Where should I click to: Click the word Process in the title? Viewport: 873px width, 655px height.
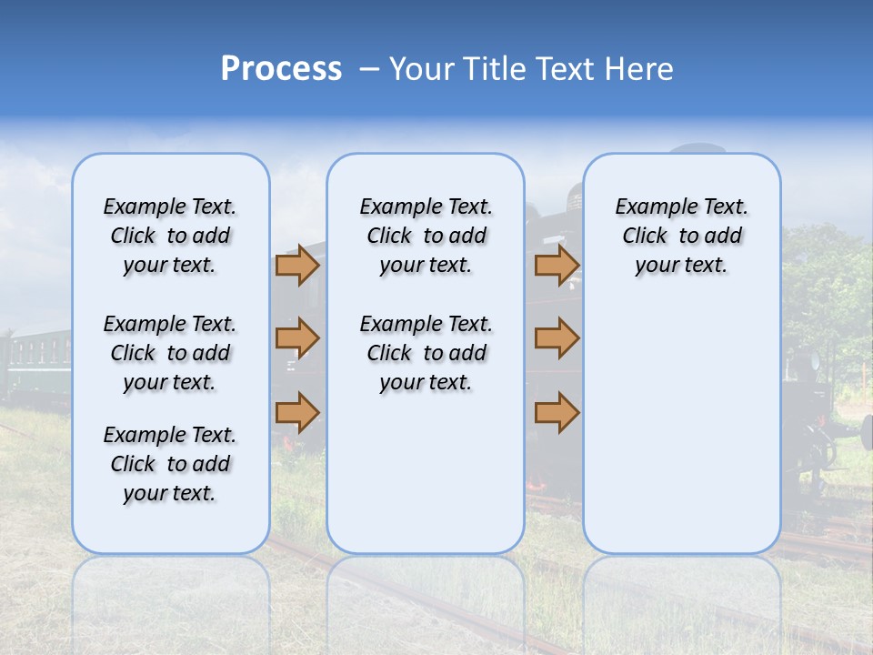pos(281,69)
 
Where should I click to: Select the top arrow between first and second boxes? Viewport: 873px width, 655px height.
pos(297,266)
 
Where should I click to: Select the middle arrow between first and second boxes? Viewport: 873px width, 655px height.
pos(297,338)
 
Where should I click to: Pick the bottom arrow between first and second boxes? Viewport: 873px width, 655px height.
pos(297,413)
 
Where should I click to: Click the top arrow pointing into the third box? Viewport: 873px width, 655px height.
pos(557,266)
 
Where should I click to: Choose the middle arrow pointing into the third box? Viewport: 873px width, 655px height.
pos(557,338)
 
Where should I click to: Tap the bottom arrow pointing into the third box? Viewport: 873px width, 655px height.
pos(557,413)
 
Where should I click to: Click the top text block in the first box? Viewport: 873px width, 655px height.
pos(170,236)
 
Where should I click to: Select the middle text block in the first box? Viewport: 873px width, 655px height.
pos(170,353)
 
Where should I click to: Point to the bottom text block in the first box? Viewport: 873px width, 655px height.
pos(170,464)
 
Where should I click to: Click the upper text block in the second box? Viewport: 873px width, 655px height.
pos(426,236)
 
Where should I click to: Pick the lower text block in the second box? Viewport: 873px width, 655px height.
pos(426,353)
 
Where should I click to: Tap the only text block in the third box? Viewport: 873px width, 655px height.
pos(681,236)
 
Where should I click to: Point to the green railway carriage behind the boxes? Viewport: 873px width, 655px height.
pos(36,359)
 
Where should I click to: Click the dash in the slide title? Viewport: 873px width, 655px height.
pos(370,69)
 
